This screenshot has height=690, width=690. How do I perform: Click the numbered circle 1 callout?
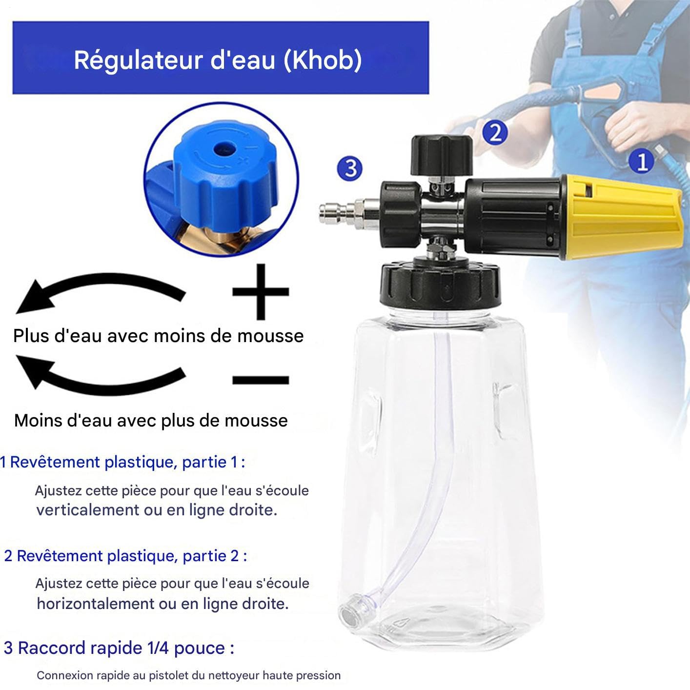point(642,161)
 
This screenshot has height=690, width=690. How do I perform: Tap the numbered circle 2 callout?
point(495,132)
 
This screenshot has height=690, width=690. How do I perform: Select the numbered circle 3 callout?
point(349,168)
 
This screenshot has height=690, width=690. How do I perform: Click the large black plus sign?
point(261,291)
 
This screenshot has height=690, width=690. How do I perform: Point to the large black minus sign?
point(261,380)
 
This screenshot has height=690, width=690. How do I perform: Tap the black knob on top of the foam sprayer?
point(442,155)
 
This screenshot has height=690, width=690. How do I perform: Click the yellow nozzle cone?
point(624,217)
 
